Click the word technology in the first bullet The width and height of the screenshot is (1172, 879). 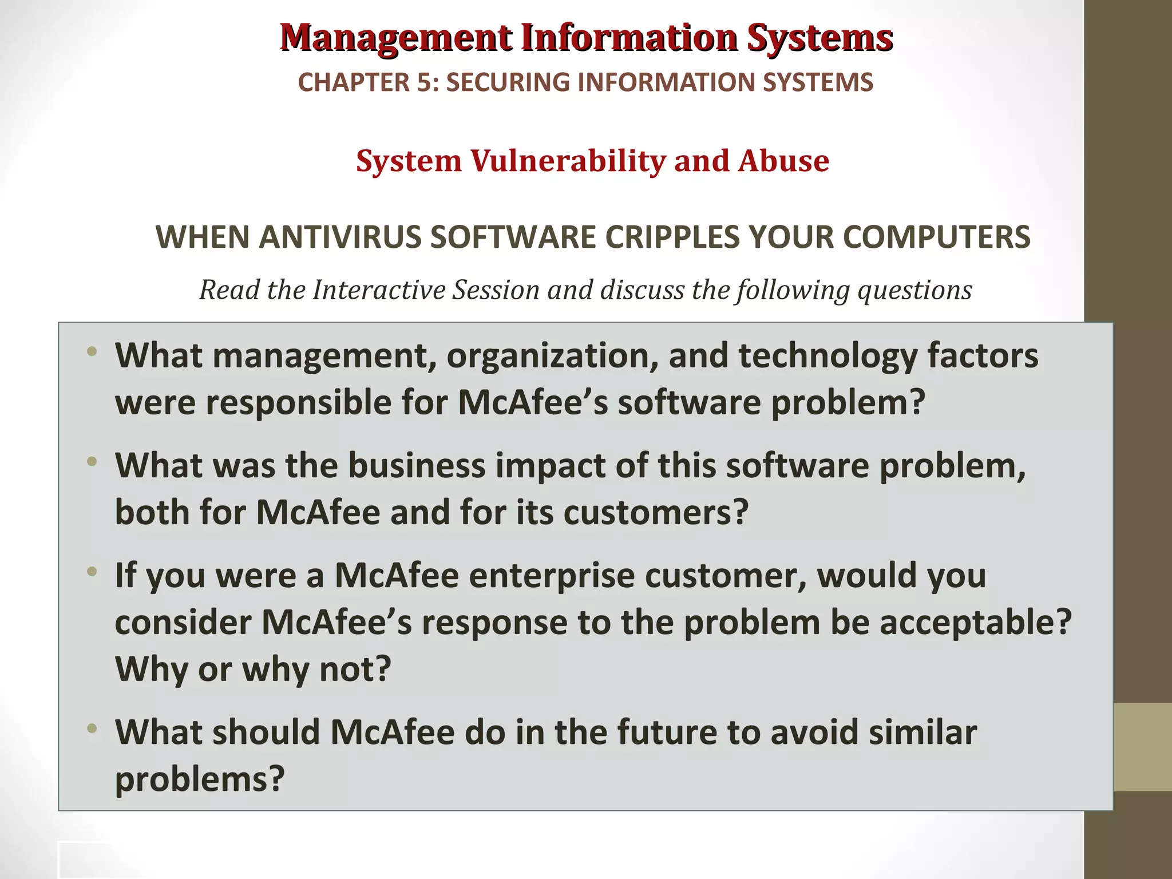[x=827, y=355]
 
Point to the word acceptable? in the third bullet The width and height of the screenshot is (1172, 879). [x=975, y=623]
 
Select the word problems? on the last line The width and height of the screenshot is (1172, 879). [x=200, y=779]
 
